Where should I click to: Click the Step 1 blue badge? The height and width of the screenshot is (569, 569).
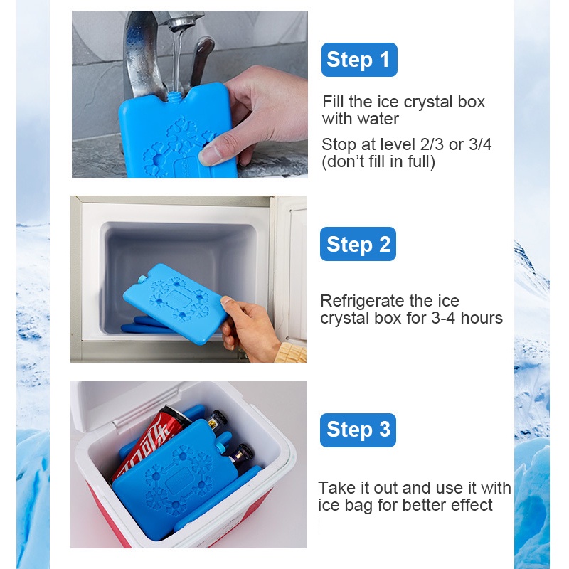pyautogui.click(x=359, y=60)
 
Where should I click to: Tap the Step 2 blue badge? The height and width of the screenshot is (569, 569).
pyautogui.click(x=358, y=244)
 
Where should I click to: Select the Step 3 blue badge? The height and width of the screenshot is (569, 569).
pyautogui.click(x=358, y=430)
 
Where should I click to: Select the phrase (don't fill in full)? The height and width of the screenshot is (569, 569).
pyautogui.click(x=378, y=162)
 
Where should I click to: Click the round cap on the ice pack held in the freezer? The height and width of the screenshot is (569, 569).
pyautogui.click(x=142, y=280)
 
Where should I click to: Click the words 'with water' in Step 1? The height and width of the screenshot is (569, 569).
pyautogui.click(x=361, y=119)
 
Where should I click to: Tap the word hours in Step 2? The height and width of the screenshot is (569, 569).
pyautogui.click(x=482, y=318)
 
